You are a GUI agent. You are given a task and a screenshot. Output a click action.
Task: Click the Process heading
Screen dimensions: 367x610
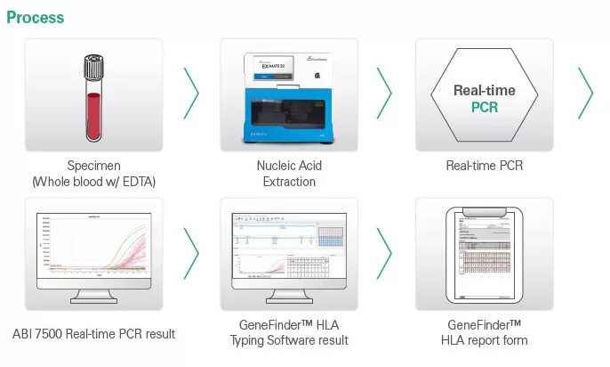click(x=35, y=17)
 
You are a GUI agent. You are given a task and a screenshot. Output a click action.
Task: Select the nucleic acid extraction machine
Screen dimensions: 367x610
click(x=289, y=98)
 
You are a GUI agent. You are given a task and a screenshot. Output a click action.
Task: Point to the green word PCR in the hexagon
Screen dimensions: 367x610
click(x=485, y=108)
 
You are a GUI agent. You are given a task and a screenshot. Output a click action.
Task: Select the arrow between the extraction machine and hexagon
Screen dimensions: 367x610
click(x=384, y=93)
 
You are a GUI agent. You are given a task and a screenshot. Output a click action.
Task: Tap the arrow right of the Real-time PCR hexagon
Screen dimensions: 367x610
click(x=585, y=93)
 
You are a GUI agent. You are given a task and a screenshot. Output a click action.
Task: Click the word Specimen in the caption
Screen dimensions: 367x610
click(x=94, y=166)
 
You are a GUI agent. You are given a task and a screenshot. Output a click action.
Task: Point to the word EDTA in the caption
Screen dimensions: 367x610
click(x=136, y=182)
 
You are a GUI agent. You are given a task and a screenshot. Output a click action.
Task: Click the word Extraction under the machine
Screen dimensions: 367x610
click(x=289, y=182)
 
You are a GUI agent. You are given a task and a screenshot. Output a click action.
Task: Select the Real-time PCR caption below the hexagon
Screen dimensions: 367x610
click(x=485, y=166)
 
